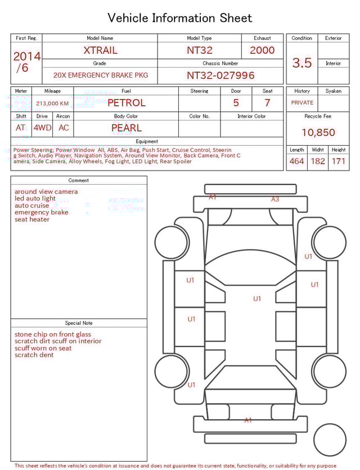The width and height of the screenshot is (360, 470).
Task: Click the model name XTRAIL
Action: tap(100, 50)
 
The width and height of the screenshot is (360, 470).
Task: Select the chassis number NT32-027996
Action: tap(220, 75)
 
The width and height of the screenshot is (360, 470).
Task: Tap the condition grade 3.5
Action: tap(302, 63)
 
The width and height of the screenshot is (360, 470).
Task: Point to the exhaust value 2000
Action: tap(262, 50)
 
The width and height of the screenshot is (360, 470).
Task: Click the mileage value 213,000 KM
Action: tap(52, 104)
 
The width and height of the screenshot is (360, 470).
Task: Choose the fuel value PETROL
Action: tap(126, 103)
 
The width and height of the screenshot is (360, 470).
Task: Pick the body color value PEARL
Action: tap(126, 128)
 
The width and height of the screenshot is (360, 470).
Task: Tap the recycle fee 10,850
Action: tap(318, 133)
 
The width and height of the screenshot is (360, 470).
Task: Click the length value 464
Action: tap(296, 162)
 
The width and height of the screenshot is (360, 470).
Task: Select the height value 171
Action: tap(339, 162)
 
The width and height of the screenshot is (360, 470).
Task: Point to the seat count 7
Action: tap(267, 103)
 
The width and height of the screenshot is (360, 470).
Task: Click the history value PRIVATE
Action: tap(302, 103)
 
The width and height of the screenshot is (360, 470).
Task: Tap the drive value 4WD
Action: tap(42, 128)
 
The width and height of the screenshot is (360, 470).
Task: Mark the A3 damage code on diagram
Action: tap(275, 199)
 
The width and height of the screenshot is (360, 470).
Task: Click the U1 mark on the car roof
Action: tap(257, 299)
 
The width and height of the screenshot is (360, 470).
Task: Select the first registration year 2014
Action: tap(27, 56)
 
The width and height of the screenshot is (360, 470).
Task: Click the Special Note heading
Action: tap(79, 323)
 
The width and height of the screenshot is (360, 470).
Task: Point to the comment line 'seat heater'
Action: tap(32, 220)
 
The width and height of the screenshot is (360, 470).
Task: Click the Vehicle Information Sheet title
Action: tap(180, 18)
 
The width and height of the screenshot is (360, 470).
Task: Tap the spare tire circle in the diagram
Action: tap(329, 440)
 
